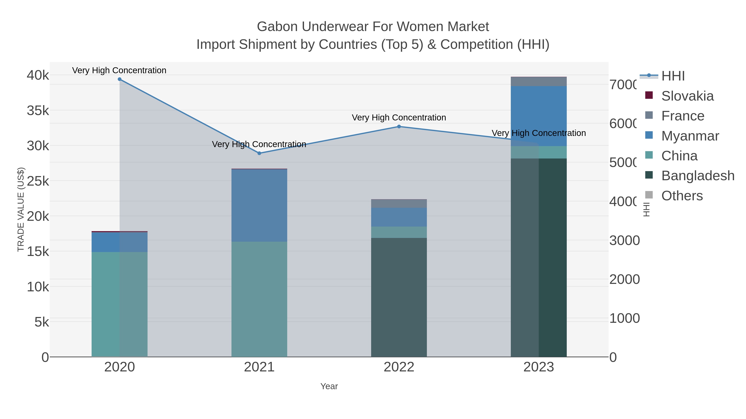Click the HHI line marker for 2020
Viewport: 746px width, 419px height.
(x=120, y=79)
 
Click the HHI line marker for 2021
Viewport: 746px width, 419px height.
(x=259, y=153)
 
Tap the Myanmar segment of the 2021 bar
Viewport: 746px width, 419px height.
(x=259, y=205)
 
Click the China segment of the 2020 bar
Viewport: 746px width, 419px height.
(x=120, y=304)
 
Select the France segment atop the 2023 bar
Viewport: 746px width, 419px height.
(x=539, y=82)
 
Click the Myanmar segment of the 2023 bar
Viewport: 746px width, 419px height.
(x=539, y=116)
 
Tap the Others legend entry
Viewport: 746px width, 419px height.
(x=682, y=196)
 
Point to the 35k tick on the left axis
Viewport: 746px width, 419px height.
(x=38, y=110)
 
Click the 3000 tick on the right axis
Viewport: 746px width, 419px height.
(x=624, y=241)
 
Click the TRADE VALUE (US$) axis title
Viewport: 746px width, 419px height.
(x=21, y=209)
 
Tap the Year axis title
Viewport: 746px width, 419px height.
(x=329, y=386)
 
